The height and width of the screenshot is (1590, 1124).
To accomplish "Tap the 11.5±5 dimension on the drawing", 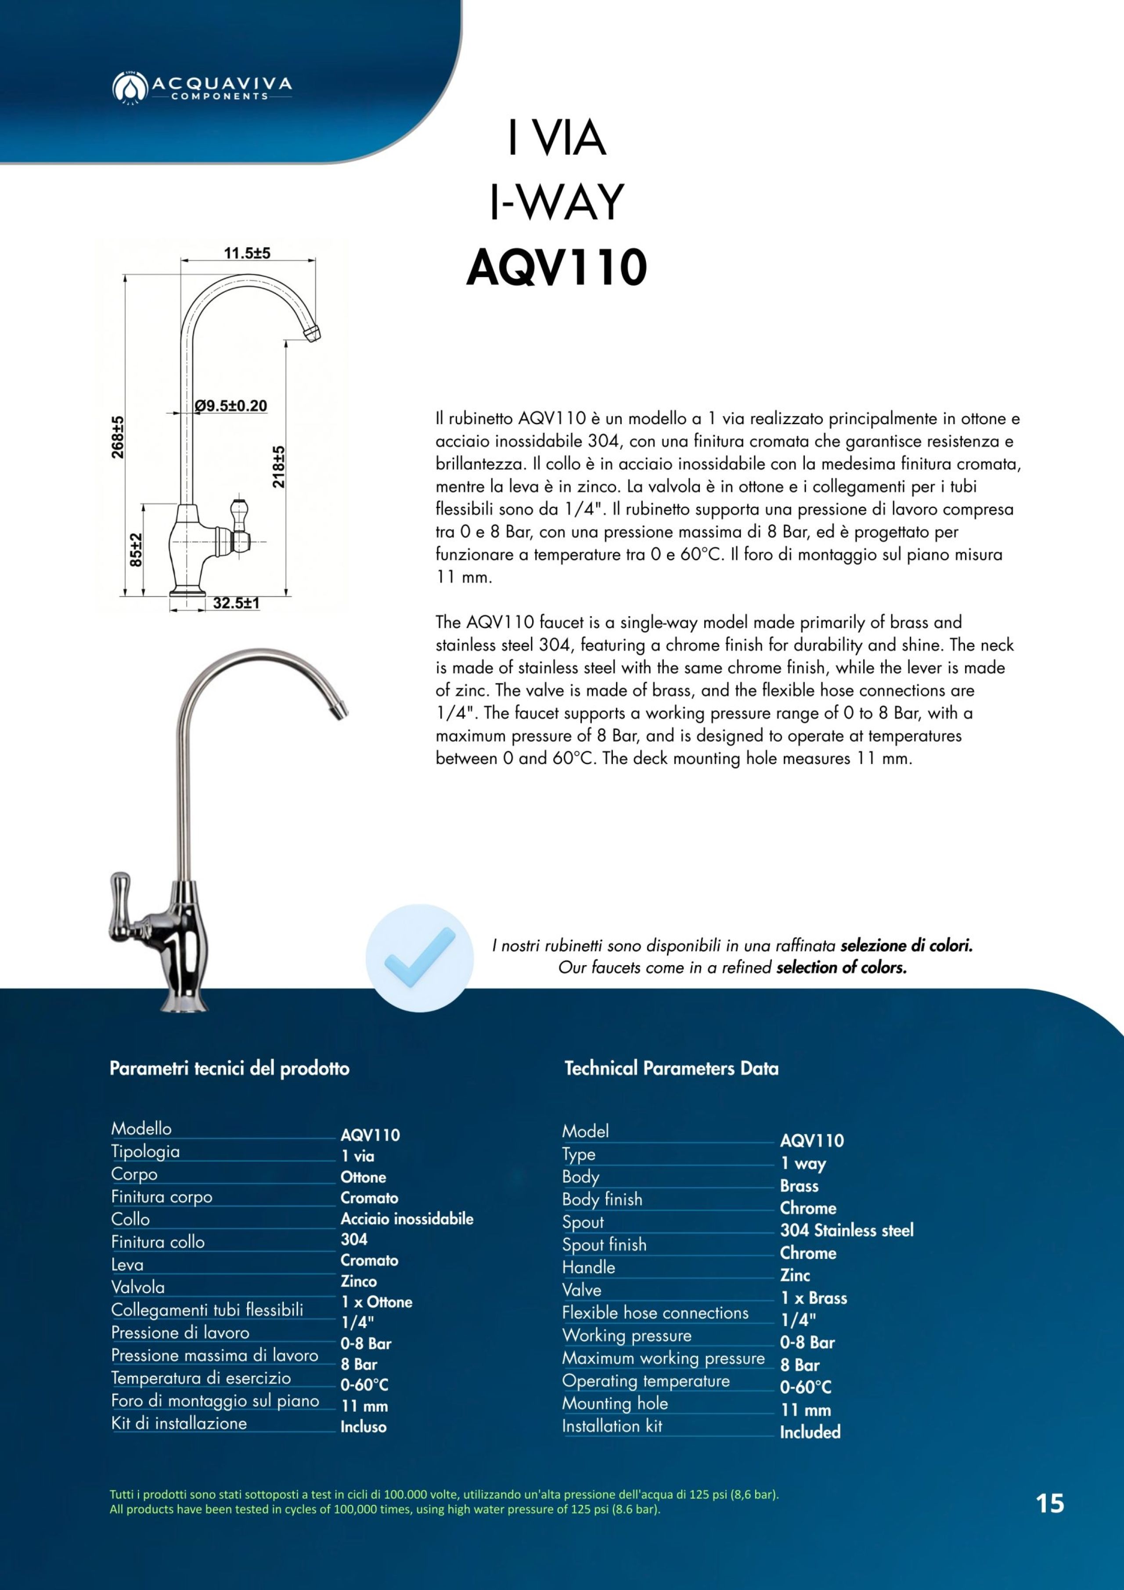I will (247, 253).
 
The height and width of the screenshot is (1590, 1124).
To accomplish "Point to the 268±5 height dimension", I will (119, 437).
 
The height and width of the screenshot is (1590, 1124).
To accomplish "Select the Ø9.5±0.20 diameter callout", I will (231, 406).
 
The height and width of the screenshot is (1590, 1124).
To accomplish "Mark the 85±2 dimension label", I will (137, 549).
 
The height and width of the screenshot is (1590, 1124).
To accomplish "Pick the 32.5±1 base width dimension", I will (236, 603).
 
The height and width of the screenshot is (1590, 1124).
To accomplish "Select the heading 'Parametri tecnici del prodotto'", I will (229, 1068).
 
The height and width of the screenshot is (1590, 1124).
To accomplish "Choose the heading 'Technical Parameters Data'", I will (671, 1068).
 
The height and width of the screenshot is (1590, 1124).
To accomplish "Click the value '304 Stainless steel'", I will (846, 1230).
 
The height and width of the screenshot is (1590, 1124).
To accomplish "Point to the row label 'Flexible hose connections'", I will (655, 1312).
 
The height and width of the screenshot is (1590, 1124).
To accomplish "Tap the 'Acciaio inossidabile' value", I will (407, 1219).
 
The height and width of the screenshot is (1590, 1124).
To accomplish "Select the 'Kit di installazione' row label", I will (179, 1423).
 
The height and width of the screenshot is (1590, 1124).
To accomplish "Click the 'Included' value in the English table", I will (810, 1431).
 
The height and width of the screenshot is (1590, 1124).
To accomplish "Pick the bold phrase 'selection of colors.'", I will (841, 967).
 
